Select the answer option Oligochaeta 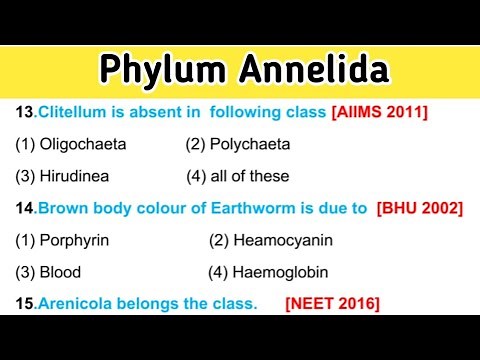point(83,145)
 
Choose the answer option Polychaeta point(250,145)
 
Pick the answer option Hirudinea point(75,176)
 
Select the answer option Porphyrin point(74,240)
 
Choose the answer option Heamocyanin point(282,240)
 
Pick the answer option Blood point(60,271)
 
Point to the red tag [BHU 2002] point(419,208)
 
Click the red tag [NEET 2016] point(333,302)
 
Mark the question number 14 point(23,208)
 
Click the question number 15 point(23,302)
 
